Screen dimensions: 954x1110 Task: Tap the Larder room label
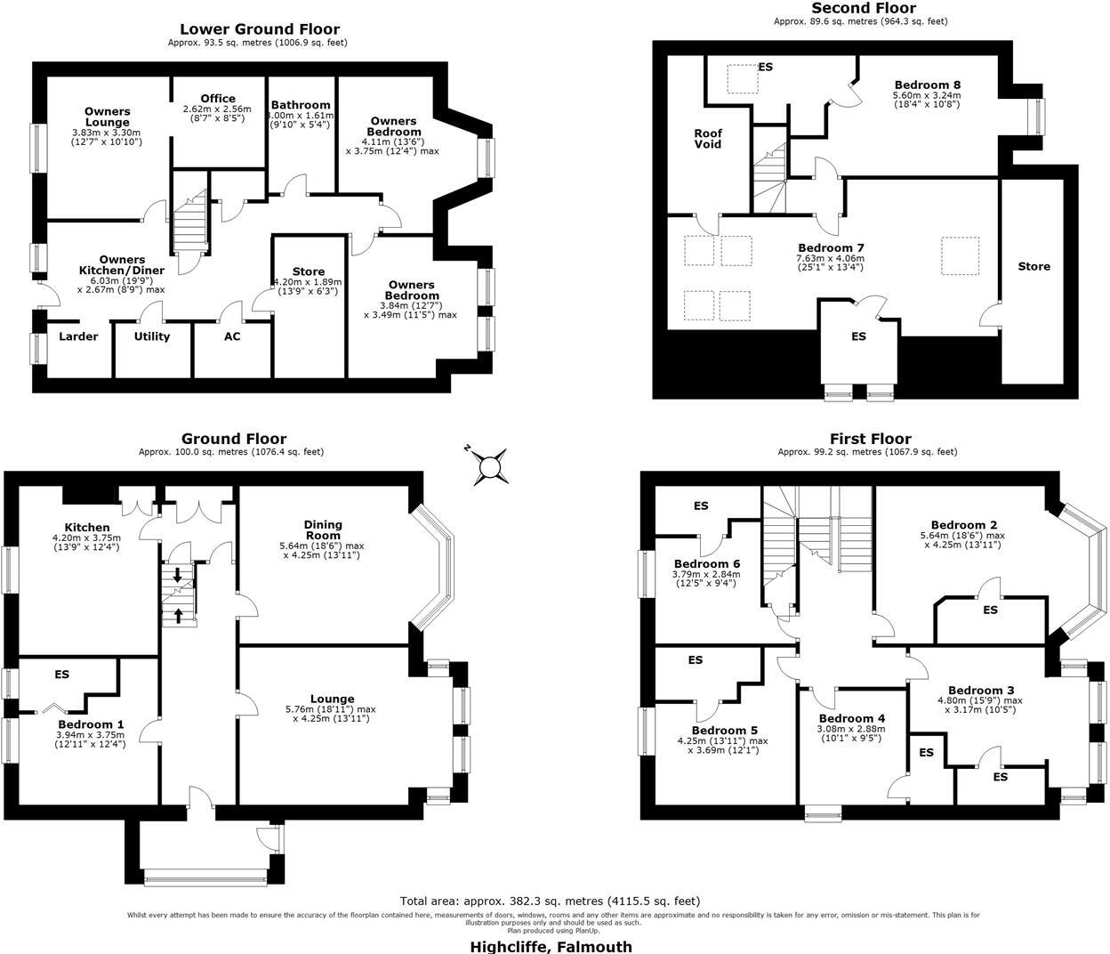[x=78, y=336]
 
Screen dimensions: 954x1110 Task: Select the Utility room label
[x=151, y=336]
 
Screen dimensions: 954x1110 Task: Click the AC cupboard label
[x=232, y=336]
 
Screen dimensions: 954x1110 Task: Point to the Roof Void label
[x=708, y=139]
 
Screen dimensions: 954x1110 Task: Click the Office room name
[x=218, y=99]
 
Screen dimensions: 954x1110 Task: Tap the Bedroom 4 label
[x=852, y=718]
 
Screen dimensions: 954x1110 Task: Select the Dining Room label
[x=323, y=530]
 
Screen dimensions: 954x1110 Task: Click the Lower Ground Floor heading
[x=260, y=29]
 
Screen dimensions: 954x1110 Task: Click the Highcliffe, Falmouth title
[x=551, y=946]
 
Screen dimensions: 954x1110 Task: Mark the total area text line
[x=551, y=901]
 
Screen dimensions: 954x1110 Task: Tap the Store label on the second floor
[x=1034, y=266]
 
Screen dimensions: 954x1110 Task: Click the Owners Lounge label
[x=108, y=117]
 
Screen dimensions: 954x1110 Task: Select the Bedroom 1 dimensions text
[x=91, y=740]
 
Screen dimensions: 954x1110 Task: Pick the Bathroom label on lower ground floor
[x=301, y=105]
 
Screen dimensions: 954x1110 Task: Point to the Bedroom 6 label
[x=707, y=563]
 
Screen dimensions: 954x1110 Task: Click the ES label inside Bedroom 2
[x=990, y=610]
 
